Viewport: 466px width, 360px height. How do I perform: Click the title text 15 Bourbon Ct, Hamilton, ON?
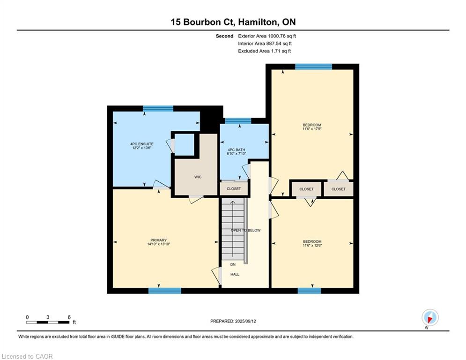pos(233,22)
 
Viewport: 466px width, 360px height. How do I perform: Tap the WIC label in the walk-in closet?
pos(198,177)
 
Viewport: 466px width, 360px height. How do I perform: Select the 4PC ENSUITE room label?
pos(142,144)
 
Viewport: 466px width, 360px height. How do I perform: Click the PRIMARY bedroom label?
pos(159,240)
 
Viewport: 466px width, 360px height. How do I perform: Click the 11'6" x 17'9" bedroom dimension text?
pos(312,129)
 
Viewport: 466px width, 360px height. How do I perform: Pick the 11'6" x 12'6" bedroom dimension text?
pos(312,246)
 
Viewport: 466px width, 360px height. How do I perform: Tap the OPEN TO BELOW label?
pos(246,230)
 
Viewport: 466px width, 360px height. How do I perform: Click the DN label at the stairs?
pos(233,264)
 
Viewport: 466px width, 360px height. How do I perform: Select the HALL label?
pos(235,274)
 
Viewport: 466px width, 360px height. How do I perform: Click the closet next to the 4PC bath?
pos(234,188)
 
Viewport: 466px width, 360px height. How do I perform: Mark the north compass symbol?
pos(430,317)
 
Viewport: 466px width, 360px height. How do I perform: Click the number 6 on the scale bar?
pos(69,317)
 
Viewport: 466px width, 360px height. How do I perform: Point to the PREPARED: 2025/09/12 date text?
pos(233,321)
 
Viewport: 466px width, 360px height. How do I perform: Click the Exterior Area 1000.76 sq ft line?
pos(267,36)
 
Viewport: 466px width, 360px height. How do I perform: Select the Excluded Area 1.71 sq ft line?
pos(265,51)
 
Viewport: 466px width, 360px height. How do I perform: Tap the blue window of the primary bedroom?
pos(165,291)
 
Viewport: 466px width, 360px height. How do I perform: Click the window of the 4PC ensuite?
pos(158,108)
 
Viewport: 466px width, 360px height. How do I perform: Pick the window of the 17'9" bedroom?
pos(313,67)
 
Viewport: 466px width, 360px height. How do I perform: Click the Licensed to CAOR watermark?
pos(27,356)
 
